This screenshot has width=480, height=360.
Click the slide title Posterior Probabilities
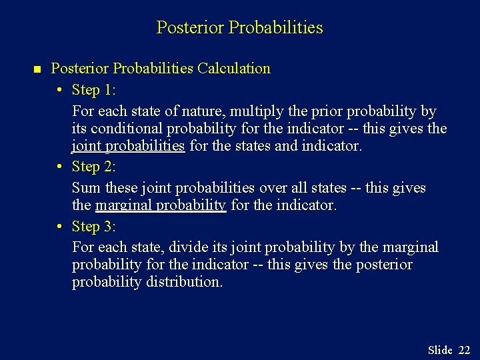pos(239,28)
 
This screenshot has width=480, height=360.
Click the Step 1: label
pos(94,90)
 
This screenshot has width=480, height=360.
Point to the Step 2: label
pos(94,167)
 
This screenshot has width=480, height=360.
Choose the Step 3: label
pos(94,227)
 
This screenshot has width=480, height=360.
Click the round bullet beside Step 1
pos(59,91)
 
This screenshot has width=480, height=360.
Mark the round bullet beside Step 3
pos(59,227)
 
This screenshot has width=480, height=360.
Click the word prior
pos(311,111)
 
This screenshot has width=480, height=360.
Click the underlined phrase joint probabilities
pos(129,146)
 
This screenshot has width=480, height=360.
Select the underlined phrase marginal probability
pos(161,206)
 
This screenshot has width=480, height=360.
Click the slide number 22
pos(464,350)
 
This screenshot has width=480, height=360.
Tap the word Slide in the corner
pos(440,350)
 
